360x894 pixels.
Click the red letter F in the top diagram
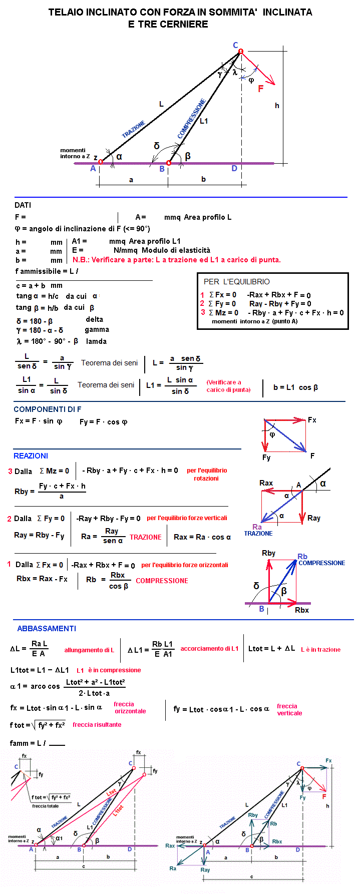[260, 89]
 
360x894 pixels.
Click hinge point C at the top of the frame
[240, 51]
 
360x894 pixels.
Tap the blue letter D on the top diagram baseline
[234, 169]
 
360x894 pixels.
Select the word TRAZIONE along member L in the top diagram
[134, 129]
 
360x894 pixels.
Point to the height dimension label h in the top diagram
[277, 106]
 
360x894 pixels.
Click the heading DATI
[23, 205]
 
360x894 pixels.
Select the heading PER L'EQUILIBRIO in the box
[237, 282]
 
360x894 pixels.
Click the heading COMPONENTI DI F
[47, 409]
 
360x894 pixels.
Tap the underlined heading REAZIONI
[31, 456]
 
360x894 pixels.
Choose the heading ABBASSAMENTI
[47, 629]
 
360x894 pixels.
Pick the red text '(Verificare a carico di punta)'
[228, 386]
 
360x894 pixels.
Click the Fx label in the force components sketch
[312, 420]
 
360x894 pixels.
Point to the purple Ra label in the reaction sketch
[257, 527]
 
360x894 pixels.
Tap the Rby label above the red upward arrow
[268, 553]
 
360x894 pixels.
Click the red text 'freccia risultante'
[97, 725]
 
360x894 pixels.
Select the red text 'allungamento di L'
[89, 650]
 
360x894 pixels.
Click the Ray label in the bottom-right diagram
[205, 869]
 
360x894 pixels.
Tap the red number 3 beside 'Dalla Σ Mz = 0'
[10, 472]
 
